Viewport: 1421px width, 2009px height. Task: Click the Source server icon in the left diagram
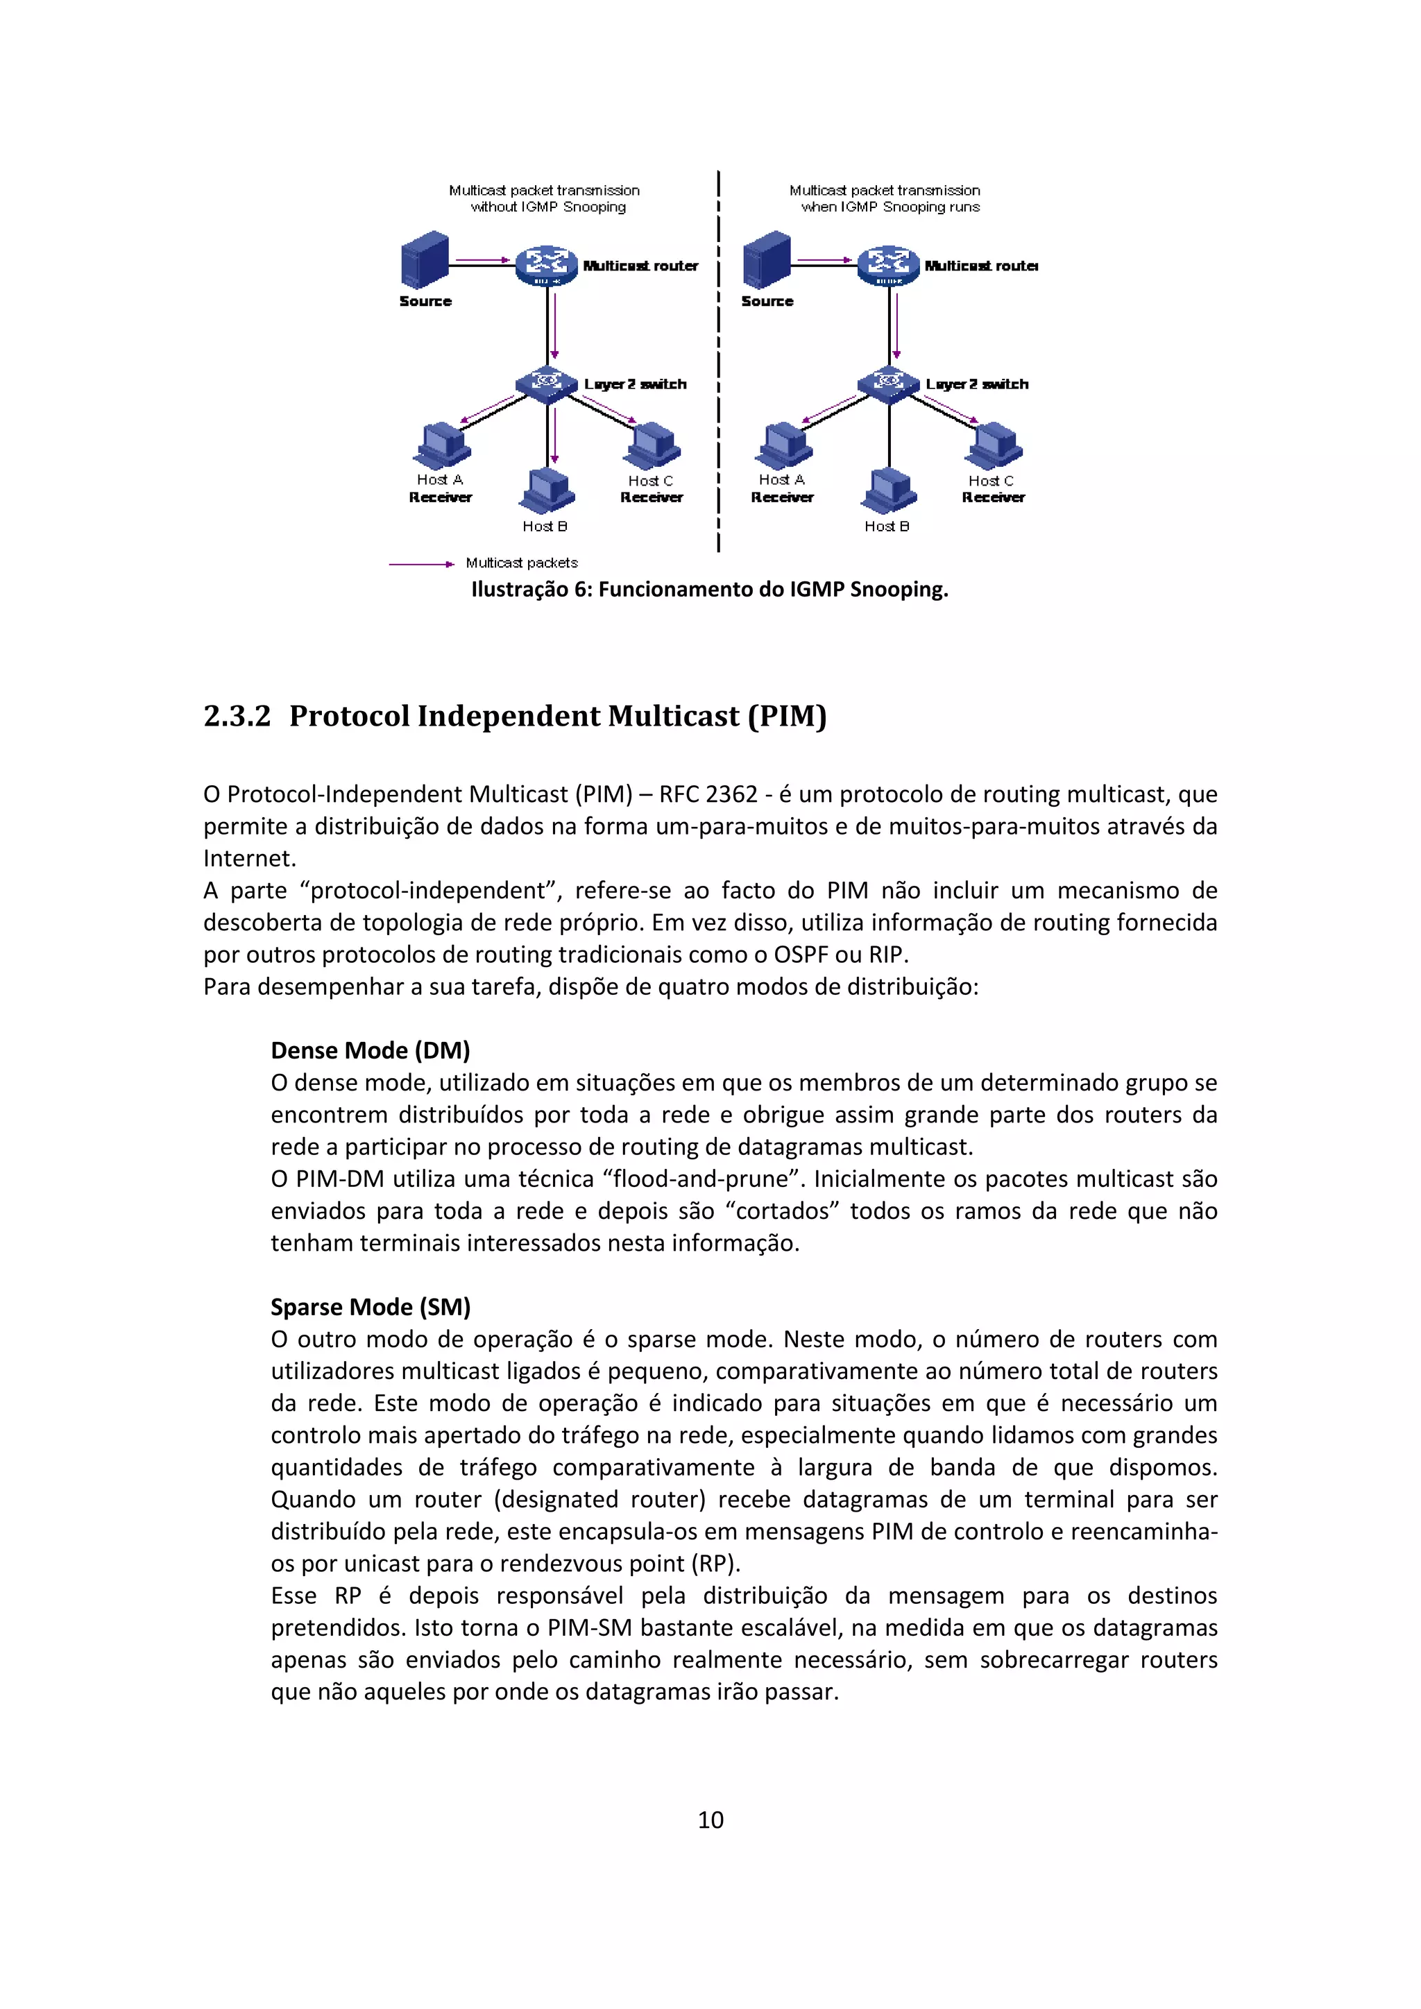pyautogui.click(x=425, y=260)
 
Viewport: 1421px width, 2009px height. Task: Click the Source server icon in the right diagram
pyautogui.click(x=767, y=260)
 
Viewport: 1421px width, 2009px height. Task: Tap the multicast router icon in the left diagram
pyautogui.click(x=546, y=265)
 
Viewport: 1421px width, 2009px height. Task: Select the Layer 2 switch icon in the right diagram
pyautogui.click(x=888, y=383)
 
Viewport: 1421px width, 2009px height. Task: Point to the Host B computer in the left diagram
pyautogui.click(x=547, y=492)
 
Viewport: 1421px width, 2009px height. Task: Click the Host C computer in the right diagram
pyautogui.click(x=994, y=446)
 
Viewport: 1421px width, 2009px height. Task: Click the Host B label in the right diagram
pyautogui.click(x=886, y=526)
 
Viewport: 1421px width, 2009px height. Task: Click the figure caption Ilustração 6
pyautogui.click(x=708, y=589)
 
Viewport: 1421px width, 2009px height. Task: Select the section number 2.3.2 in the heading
pyautogui.click(x=237, y=716)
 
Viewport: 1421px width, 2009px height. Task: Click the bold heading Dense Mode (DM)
pyautogui.click(x=370, y=1050)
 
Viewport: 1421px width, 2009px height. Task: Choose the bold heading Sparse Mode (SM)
pyautogui.click(x=370, y=1306)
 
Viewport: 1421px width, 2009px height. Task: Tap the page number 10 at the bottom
pyautogui.click(x=710, y=1820)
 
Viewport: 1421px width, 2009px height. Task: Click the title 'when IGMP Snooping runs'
pyautogui.click(x=890, y=207)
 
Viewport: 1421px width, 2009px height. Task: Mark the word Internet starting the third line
pyautogui.click(x=248, y=857)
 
